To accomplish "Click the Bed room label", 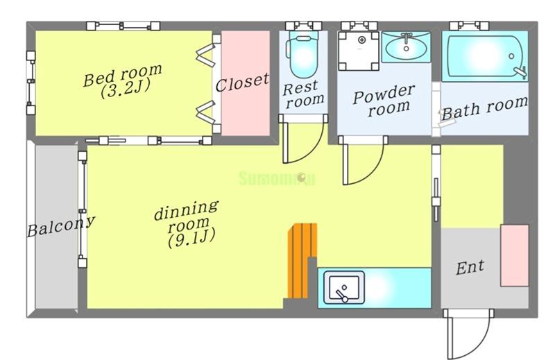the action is pyautogui.click(x=123, y=75).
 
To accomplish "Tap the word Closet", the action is pyautogui.click(x=242, y=83).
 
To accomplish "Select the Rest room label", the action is pyautogui.click(x=303, y=94).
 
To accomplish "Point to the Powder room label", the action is pyautogui.click(x=384, y=100).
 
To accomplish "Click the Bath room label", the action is pyautogui.click(x=484, y=108).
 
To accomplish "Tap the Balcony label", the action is pyautogui.click(x=61, y=226).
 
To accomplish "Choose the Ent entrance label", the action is pyautogui.click(x=470, y=268).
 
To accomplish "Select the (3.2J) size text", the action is pyautogui.click(x=126, y=89).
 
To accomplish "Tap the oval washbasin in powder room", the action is pyautogui.click(x=406, y=47).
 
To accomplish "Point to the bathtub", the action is pyautogui.click(x=485, y=57).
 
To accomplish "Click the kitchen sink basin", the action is pyautogui.click(x=344, y=287).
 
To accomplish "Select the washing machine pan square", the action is pyautogui.click(x=359, y=51).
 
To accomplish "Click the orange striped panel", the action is pyautogui.click(x=301, y=261).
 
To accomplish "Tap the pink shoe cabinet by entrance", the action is pyautogui.click(x=514, y=255).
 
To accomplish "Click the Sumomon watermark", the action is pyautogui.click(x=277, y=178).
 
